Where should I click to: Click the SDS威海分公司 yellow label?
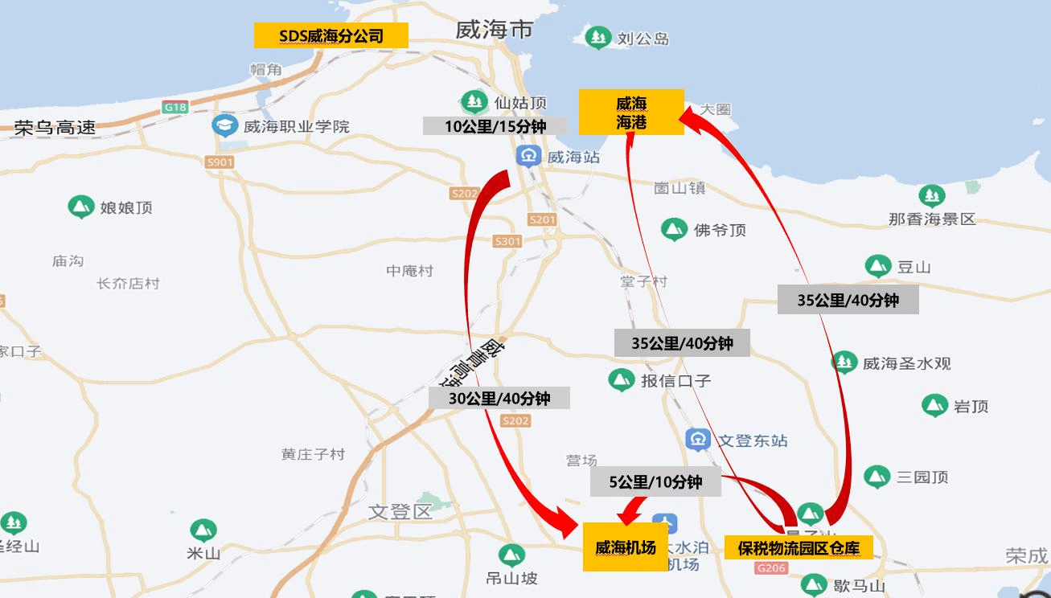click(330, 35)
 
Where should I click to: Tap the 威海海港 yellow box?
click(631, 112)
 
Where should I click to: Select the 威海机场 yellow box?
click(625, 548)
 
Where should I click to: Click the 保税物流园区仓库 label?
click(798, 548)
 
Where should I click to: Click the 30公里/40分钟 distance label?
click(499, 398)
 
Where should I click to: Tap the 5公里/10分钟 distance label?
click(655, 482)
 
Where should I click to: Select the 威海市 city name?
click(494, 31)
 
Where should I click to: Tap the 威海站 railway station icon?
click(528, 157)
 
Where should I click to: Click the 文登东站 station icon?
click(697, 440)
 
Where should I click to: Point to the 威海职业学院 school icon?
click(224, 125)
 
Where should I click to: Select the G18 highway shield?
click(174, 107)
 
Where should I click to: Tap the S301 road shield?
click(507, 241)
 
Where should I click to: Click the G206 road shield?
click(770, 567)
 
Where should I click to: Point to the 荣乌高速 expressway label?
click(55, 127)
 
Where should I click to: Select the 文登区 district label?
click(400, 511)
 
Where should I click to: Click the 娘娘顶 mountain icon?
click(80, 207)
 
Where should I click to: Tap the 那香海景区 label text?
click(931, 219)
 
